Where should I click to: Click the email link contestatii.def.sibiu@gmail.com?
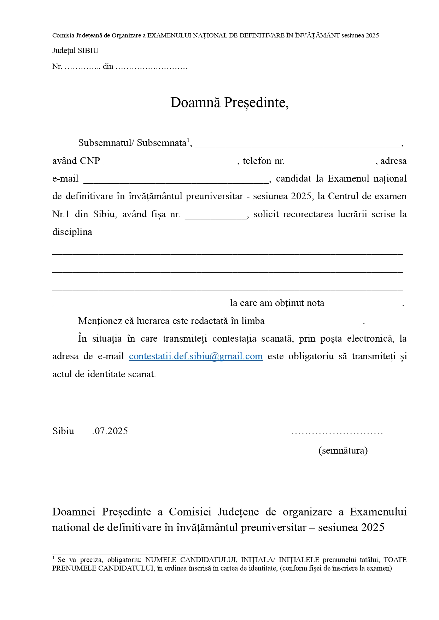tap(196, 356)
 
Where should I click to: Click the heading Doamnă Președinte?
tap(229, 102)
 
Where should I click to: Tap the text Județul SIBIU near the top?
tap(75, 51)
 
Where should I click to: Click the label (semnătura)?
tap(343, 450)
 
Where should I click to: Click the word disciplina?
tap(72, 232)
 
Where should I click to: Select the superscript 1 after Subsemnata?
tap(188, 140)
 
